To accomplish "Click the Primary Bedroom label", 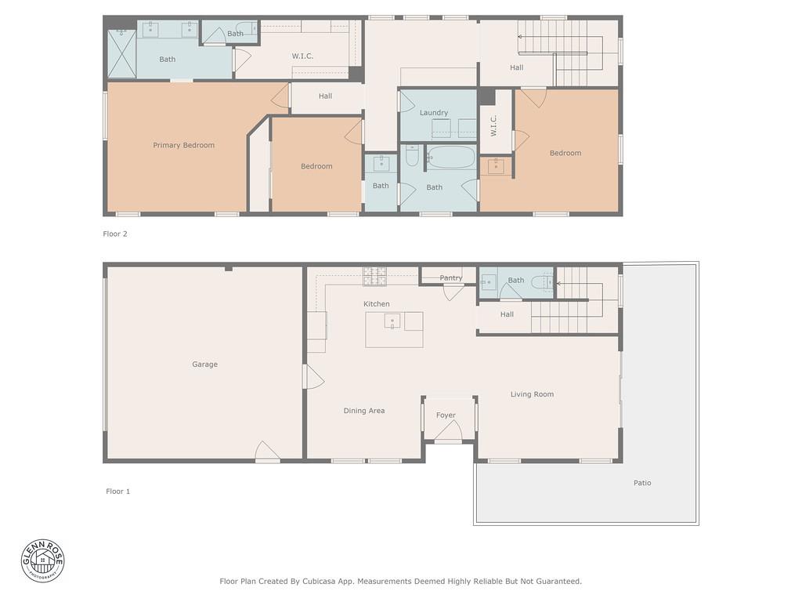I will (x=183, y=145).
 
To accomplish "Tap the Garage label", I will (x=204, y=364).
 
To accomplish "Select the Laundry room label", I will (x=433, y=113).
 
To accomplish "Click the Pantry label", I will (x=450, y=278).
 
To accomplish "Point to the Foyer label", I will (x=446, y=415).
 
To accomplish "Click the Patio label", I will (x=642, y=483).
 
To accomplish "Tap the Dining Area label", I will (x=363, y=411).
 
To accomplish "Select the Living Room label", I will (x=532, y=394).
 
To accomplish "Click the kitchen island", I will (x=394, y=329).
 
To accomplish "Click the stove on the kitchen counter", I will (x=374, y=275).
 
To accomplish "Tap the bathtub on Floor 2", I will (x=451, y=158).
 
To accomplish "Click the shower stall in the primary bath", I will (x=121, y=54).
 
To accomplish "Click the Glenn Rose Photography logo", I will (x=43, y=560).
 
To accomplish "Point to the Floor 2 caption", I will (x=114, y=234).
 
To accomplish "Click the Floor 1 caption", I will (x=117, y=491).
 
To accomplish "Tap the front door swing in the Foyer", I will (x=449, y=431).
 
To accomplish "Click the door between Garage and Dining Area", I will (x=313, y=377).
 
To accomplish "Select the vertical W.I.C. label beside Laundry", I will (x=493, y=127).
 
